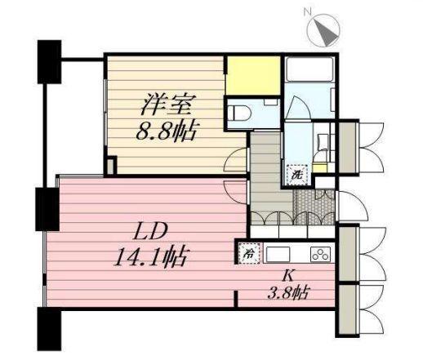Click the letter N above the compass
pos(308,11)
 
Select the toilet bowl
pos(240,113)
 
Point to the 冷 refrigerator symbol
pos(247,253)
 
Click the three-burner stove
pos(320,253)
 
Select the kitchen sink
pos(278,253)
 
